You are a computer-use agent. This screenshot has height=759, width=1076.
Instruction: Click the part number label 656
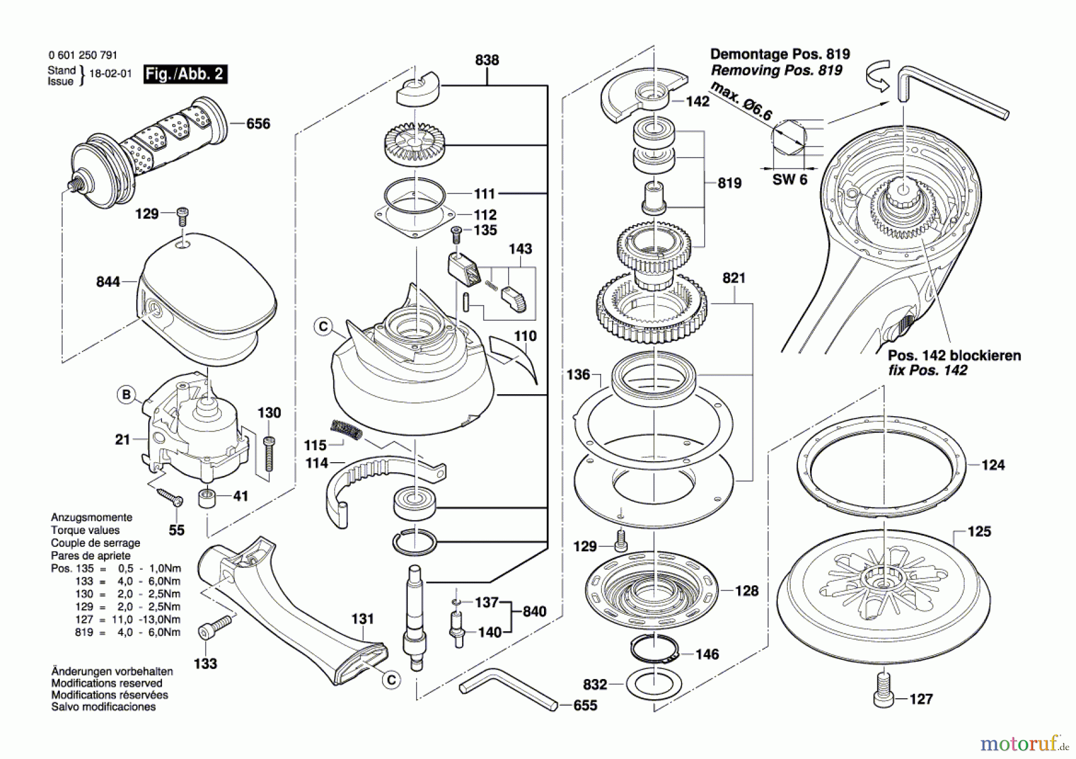(x=258, y=124)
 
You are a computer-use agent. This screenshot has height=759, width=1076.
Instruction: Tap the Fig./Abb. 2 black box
(x=185, y=74)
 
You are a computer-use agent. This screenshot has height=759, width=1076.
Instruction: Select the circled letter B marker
(x=126, y=395)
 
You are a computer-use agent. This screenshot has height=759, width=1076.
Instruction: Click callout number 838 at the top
(x=487, y=60)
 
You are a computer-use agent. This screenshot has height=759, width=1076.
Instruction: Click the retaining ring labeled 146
(x=653, y=650)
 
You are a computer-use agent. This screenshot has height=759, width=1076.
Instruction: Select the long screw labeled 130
(x=269, y=454)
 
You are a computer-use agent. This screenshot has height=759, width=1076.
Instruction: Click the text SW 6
(x=790, y=180)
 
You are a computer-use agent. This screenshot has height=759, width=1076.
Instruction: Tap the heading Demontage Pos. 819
(x=780, y=54)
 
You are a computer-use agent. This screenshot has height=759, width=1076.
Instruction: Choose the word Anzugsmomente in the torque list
(x=91, y=517)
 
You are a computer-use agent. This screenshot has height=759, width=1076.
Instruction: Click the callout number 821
(x=733, y=278)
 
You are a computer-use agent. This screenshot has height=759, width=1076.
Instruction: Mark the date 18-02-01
(x=110, y=74)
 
